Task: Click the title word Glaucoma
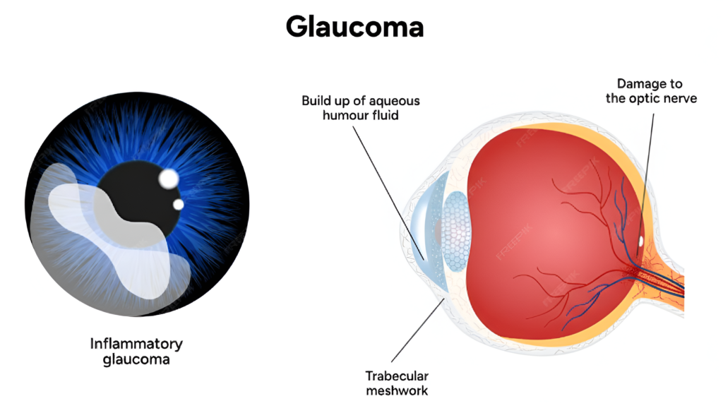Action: coord(354,27)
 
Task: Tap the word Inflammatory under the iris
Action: coord(136,344)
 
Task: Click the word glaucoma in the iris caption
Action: coord(136,359)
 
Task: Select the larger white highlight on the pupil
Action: coord(168,179)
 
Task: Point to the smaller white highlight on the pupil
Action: coord(179,204)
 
